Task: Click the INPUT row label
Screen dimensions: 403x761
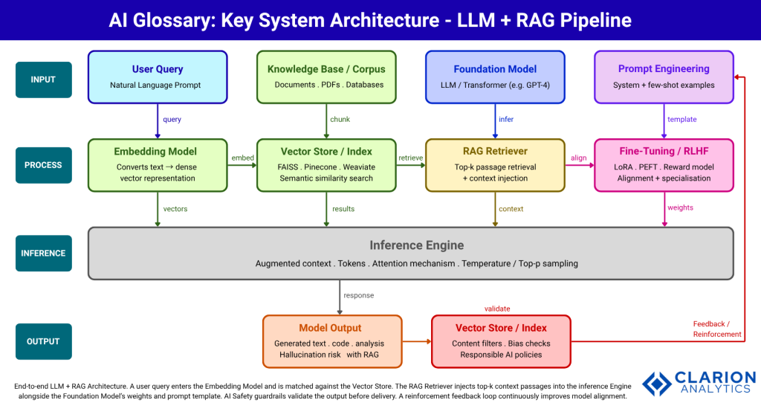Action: [x=43, y=80]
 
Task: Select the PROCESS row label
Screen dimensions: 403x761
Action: [x=43, y=165]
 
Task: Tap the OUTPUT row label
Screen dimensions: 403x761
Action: [x=43, y=341]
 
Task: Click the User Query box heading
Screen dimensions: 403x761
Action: [x=158, y=69]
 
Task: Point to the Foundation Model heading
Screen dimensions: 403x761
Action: [x=495, y=69]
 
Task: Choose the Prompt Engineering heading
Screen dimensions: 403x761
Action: [x=664, y=69]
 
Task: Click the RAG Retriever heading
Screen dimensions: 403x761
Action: [x=495, y=152]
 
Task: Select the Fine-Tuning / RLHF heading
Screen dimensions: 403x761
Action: [x=664, y=152]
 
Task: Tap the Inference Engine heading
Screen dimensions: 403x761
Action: [x=416, y=245]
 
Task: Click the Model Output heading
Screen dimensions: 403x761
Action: [x=330, y=328]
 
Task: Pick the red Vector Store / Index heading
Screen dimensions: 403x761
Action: [x=502, y=328]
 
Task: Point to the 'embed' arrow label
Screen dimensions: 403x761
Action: [x=242, y=158]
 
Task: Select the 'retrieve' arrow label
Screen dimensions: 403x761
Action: [x=410, y=158]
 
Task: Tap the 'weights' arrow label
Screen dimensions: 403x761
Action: [x=681, y=208]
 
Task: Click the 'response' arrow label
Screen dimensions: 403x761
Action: [x=359, y=295]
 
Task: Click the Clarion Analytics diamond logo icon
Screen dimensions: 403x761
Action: [x=657, y=384]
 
